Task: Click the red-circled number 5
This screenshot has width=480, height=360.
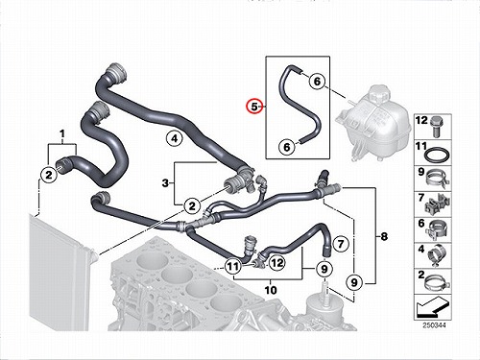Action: click(253, 107)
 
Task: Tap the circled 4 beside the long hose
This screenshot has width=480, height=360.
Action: click(174, 138)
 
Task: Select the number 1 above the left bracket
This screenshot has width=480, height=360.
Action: click(62, 133)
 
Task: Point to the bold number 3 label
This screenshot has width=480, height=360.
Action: click(165, 183)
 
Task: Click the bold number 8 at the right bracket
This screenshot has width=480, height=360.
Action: click(384, 236)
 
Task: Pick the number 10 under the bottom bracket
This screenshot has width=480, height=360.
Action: click(271, 290)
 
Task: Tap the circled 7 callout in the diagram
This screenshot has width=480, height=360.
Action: click(341, 244)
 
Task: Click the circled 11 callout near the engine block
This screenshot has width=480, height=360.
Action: click(232, 266)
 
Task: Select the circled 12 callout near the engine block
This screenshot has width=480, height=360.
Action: click(276, 263)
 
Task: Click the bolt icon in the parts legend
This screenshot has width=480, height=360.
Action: click(436, 127)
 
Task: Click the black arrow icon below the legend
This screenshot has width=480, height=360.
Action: click(432, 307)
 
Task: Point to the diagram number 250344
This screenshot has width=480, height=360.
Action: click(434, 325)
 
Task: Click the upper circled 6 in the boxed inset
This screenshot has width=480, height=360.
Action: click(317, 81)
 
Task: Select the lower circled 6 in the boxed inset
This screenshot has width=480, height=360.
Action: click(287, 147)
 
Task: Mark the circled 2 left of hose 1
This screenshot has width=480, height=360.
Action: click(49, 175)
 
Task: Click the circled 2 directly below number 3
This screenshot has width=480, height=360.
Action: click(192, 205)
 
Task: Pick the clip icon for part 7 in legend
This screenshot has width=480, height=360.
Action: click(438, 204)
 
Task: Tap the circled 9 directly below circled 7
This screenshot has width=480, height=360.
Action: click(324, 269)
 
